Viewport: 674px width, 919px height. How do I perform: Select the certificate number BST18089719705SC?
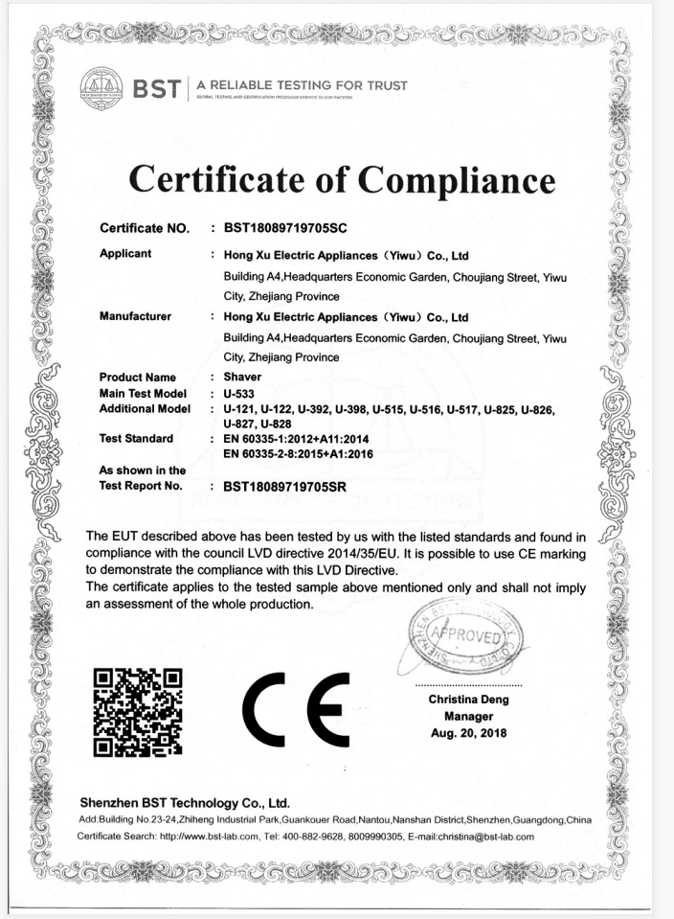tap(284, 229)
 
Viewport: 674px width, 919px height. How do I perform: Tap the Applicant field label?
tap(125, 255)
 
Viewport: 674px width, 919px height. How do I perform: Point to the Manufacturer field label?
tap(135, 316)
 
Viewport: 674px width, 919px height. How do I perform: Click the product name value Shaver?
tap(241, 378)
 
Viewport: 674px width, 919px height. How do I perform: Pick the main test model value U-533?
tap(239, 394)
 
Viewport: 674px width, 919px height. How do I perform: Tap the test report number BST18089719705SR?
tap(284, 486)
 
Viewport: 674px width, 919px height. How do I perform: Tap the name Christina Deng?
tap(468, 700)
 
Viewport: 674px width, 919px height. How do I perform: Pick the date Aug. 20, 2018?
tap(468, 733)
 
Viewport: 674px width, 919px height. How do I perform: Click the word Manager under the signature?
tap(468, 716)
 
